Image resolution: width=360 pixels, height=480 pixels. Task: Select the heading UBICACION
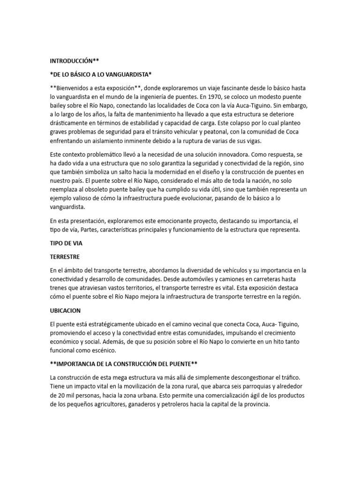pos(66,311)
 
